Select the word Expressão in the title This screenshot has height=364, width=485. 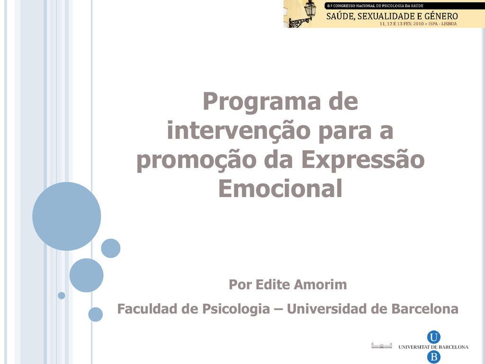363,160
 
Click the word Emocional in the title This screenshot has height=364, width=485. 280,188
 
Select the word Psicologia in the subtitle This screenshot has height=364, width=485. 236,309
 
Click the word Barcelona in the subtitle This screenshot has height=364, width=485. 425,309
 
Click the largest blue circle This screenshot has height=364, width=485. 66,216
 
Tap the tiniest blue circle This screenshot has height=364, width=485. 62,296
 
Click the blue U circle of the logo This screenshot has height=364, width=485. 434,337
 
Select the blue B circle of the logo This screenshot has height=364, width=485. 434,357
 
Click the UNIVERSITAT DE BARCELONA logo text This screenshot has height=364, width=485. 433,347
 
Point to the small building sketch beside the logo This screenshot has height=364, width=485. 382,346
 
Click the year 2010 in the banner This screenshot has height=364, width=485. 418,24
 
